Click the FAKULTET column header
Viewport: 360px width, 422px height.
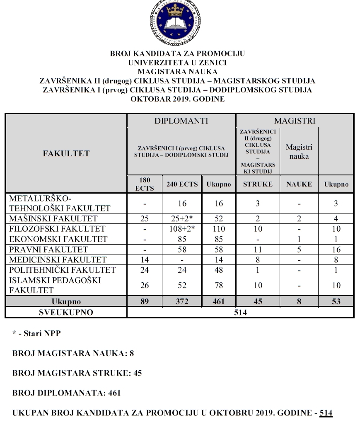click(66, 153)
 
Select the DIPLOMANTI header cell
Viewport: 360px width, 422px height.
click(181, 121)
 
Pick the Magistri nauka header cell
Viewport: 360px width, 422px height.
click(299, 152)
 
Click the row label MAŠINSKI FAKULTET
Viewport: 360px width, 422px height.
click(53, 218)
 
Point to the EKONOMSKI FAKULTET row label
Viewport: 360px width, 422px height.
click(58, 239)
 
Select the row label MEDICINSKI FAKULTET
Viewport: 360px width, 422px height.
click(58, 260)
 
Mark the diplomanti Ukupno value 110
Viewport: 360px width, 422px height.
click(218, 229)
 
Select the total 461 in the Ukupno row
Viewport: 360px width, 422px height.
click(218, 301)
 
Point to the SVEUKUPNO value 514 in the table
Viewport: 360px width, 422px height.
click(240, 312)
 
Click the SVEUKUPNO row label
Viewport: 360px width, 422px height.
click(66, 312)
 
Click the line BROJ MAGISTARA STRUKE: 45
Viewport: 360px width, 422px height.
click(77, 373)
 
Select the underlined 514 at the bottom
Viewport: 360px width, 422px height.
click(326, 413)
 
